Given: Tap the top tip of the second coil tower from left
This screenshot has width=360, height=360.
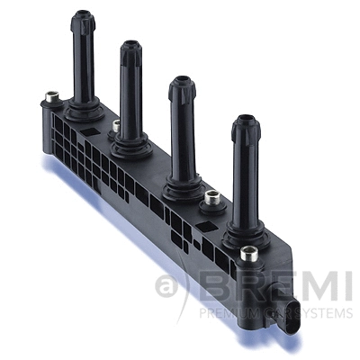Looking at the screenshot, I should [131, 45].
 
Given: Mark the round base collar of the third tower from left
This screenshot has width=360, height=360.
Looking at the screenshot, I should [183, 183].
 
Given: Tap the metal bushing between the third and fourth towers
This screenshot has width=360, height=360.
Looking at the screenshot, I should [212, 197].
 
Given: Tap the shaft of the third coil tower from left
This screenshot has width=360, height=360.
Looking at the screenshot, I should [183, 130].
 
